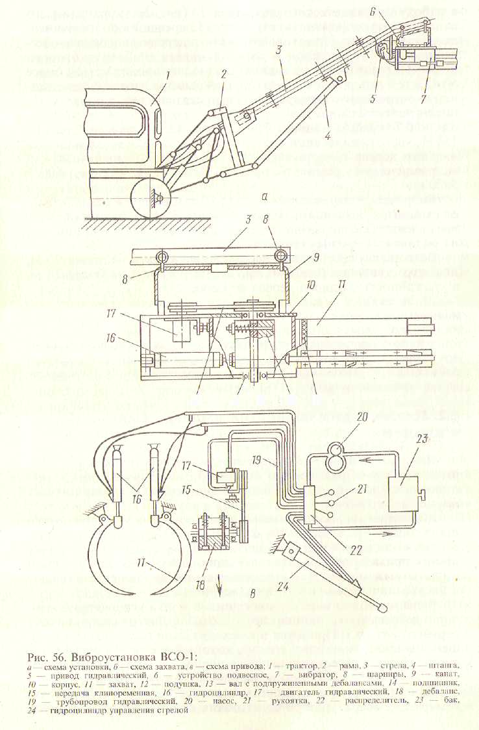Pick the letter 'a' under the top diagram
(265, 195)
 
